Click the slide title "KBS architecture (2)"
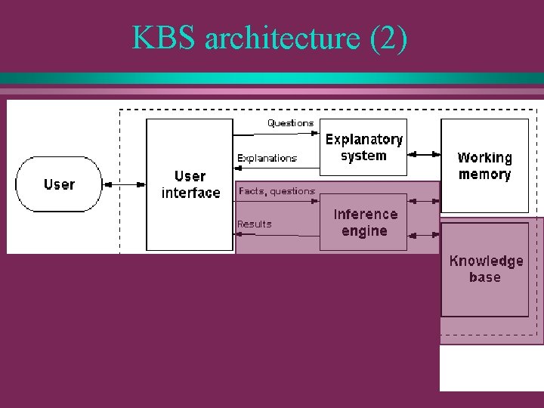tap(270, 38)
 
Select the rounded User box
tap(59, 184)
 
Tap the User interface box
tap(190, 184)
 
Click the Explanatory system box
tap(363, 147)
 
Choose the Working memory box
tap(484, 165)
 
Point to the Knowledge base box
tap(485, 269)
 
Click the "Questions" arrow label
tap(290, 122)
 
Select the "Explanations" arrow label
tap(267, 158)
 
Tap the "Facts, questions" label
tap(277, 191)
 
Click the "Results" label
tap(254, 224)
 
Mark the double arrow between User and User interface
tap(123, 184)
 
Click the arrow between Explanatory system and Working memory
tap(424, 154)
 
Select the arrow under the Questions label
tap(277, 133)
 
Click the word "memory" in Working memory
tap(484, 175)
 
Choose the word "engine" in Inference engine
tap(364, 231)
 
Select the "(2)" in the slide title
tap(388, 38)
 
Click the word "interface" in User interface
tap(191, 193)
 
